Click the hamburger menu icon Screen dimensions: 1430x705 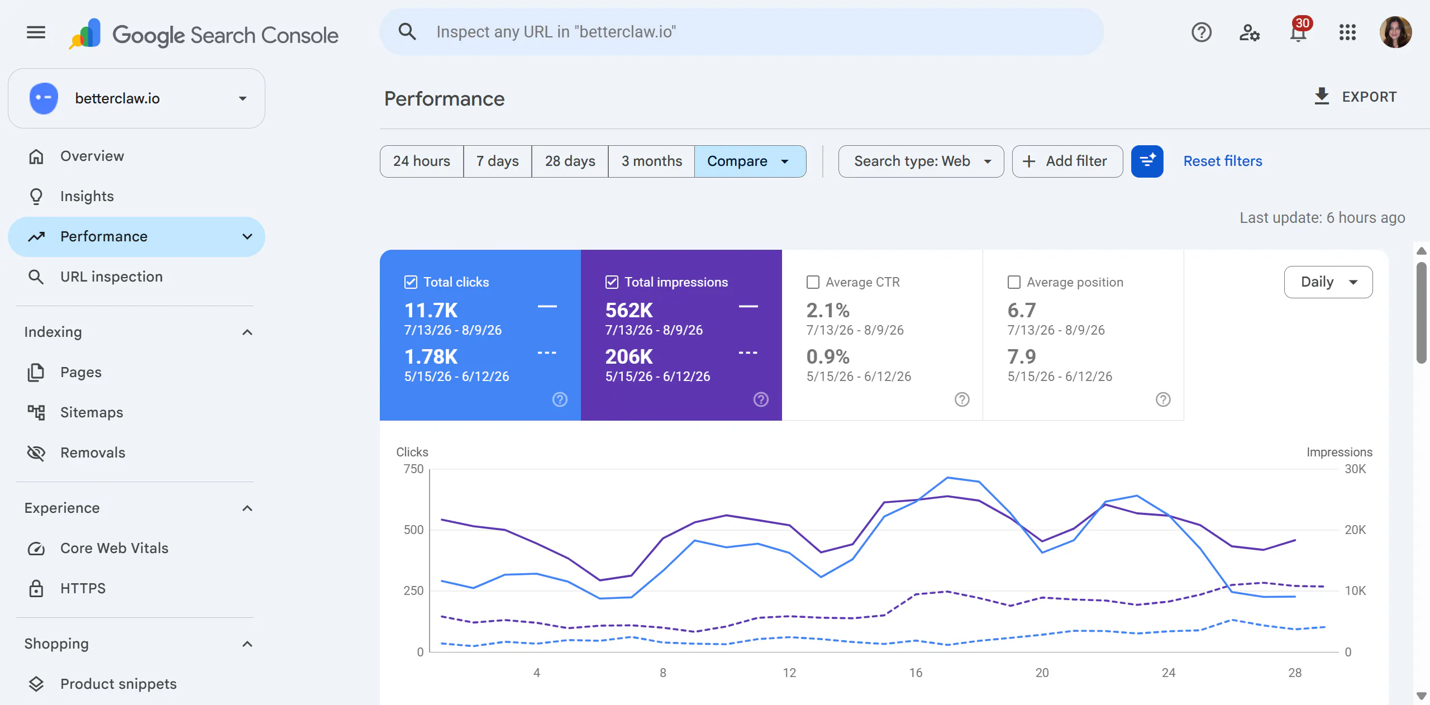coord(36,32)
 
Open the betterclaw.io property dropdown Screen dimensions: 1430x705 coord(136,98)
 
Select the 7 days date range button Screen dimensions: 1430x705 coord(497,161)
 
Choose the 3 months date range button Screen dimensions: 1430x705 coord(651,161)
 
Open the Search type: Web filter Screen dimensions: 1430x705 coord(921,161)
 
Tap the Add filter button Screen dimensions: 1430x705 coord(1067,161)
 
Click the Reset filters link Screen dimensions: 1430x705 coord(1223,161)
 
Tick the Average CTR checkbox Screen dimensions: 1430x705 coord(813,282)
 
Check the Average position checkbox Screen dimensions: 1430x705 coord(1014,282)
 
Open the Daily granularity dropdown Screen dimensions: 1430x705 coord(1328,282)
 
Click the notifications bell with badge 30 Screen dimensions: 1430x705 coord(1298,32)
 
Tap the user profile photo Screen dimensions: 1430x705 coord(1395,32)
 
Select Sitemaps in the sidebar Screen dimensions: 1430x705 coord(92,412)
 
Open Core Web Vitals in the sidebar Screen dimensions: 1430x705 coord(114,548)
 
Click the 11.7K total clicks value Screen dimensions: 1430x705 coord(431,310)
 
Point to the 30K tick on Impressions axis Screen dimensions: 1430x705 coord(1355,469)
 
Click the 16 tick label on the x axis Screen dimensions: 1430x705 coord(916,673)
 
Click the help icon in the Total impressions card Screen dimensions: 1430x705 coord(761,399)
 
